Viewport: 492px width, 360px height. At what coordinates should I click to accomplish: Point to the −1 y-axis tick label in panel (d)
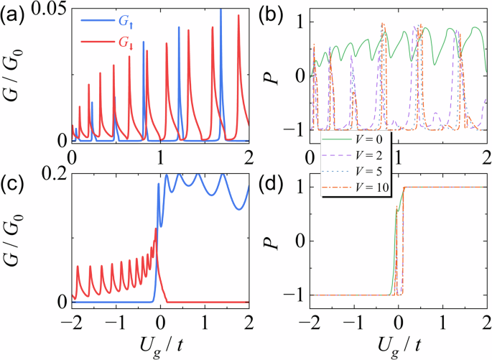tap(294, 295)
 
